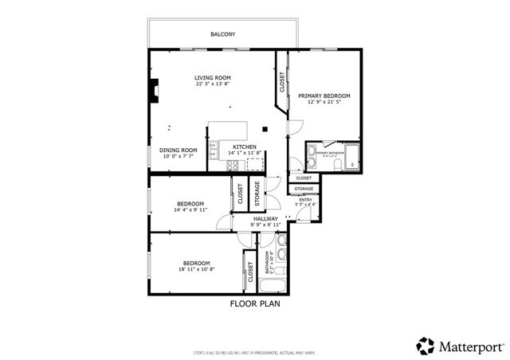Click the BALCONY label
[222, 34]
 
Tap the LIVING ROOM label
[213, 77]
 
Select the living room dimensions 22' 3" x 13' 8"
[213, 84]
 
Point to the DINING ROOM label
[178, 150]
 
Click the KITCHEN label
[244, 147]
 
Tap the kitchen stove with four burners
[233, 166]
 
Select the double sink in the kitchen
[213, 150]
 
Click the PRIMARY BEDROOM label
[324, 95]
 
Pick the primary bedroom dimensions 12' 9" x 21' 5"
[324, 102]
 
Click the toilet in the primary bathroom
[339, 164]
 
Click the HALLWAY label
[265, 218]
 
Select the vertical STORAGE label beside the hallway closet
[257, 194]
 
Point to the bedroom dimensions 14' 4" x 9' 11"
[191, 210]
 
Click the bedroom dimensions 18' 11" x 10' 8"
[195, 270]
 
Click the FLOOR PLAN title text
[255, 303]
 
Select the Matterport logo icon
[425, 346]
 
